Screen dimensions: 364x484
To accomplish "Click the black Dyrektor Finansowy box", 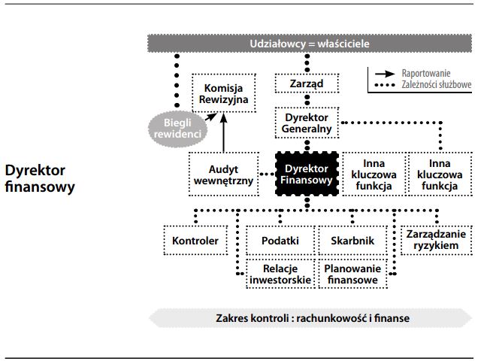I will point(307,174).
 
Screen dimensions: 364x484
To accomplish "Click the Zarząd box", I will point(307,83).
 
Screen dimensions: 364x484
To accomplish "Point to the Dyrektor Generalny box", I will point(307,123).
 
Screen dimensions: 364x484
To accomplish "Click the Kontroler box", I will point(195,241).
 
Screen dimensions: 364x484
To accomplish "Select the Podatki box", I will point(280,241).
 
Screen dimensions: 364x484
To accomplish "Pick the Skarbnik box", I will point(352,241).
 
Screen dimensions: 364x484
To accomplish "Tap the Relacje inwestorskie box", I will point(280,274).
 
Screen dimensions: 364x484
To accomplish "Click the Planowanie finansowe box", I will point(352,274).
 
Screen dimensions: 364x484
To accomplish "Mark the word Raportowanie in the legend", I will point(426,74).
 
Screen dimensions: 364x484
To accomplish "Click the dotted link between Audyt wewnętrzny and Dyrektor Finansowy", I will point(266,174).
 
